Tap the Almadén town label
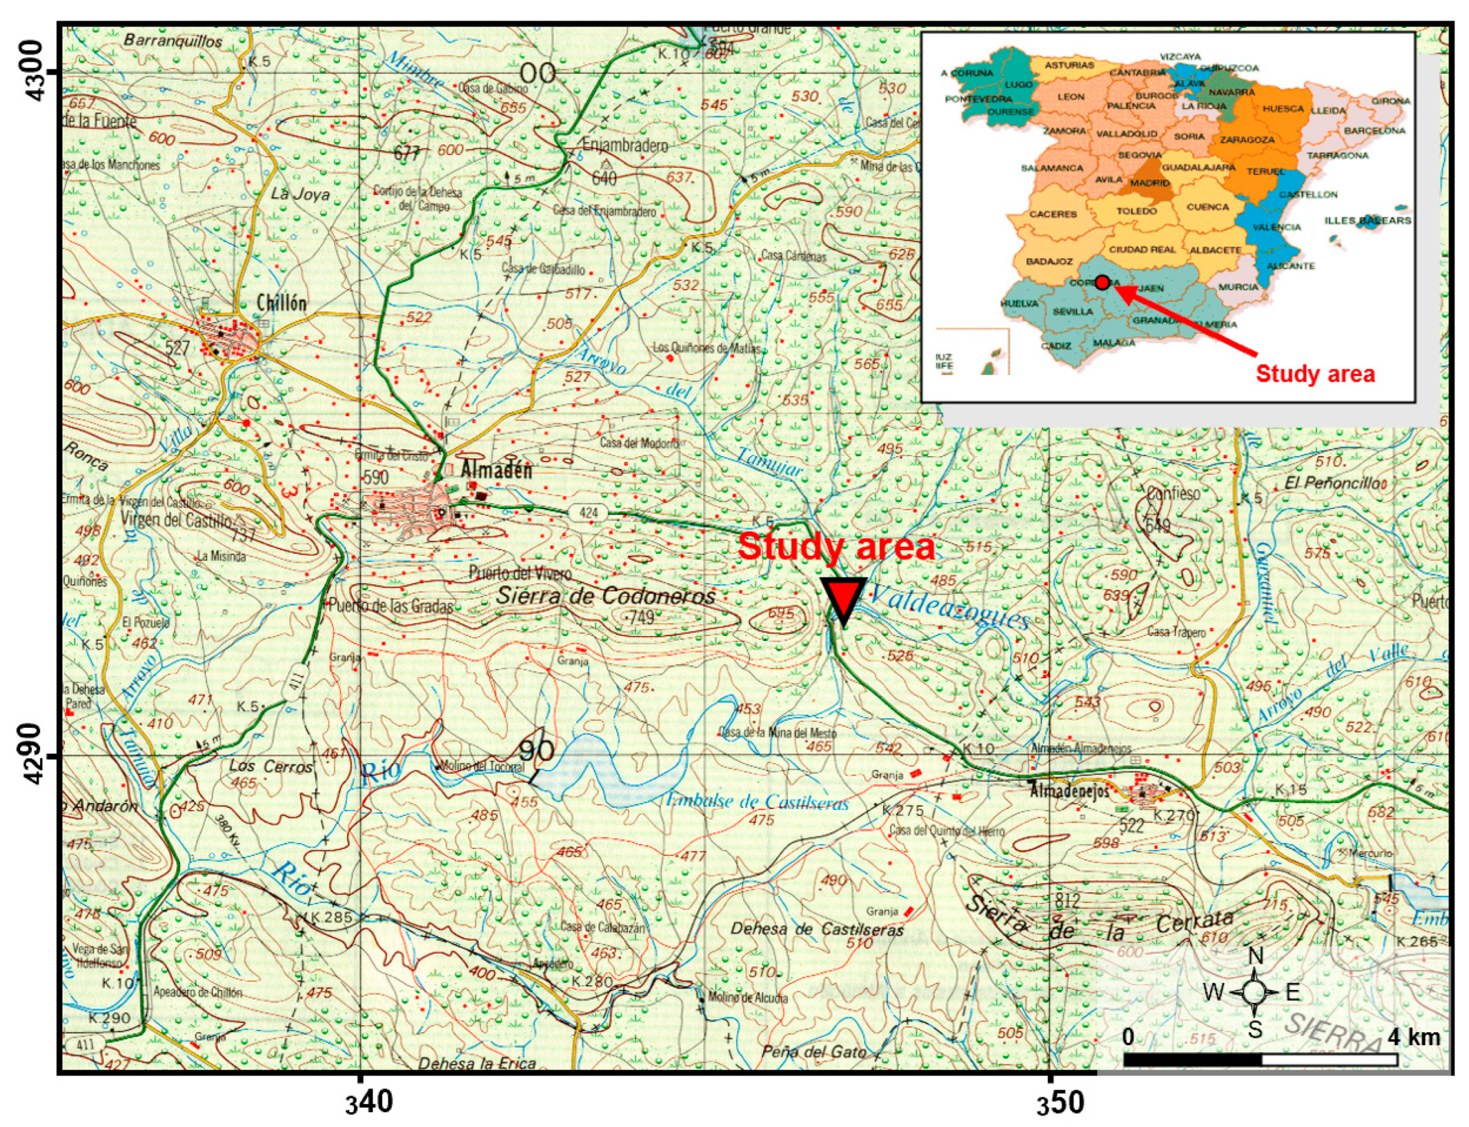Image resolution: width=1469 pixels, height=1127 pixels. (496, 470)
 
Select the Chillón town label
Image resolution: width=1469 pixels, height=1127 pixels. (282, 303)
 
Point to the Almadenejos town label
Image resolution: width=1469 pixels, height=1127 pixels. (1069, 792)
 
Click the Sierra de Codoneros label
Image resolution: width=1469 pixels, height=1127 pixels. (605, 596)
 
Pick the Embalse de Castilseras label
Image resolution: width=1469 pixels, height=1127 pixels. (758, 802)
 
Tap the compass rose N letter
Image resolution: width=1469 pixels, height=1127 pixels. (1256, 956)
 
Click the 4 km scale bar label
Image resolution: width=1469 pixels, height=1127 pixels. (1414, 1037)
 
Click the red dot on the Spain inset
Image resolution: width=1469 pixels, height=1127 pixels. (1101, 282)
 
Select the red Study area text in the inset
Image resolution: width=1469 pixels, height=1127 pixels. (1314, 374)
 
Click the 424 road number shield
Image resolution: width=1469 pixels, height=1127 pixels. (588, 513)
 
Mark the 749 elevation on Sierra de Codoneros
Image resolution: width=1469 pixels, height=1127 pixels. (641, 617)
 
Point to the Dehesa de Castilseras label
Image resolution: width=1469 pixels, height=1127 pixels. (817, 930)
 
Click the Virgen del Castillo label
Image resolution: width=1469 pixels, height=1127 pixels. (176, 520)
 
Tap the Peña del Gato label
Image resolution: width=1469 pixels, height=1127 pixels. (814, 1052)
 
